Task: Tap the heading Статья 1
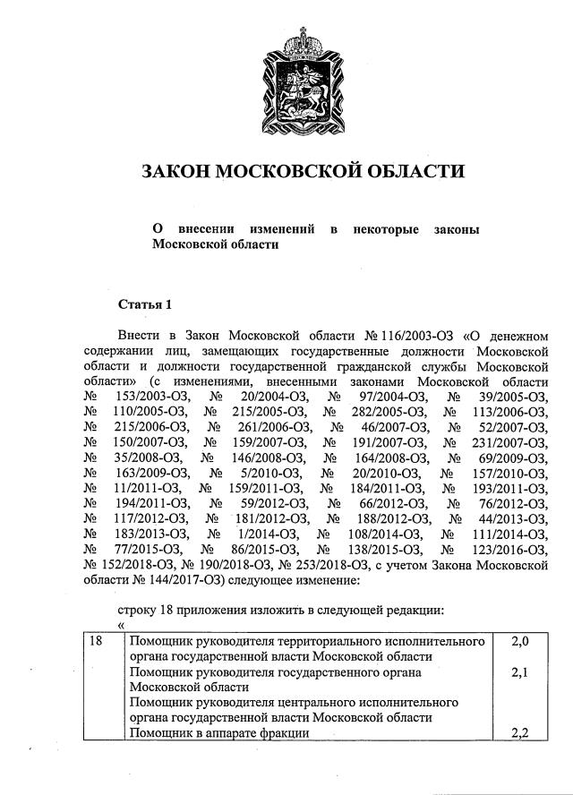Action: [x=144, y=303]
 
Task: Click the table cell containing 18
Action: [x=98, y=642]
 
